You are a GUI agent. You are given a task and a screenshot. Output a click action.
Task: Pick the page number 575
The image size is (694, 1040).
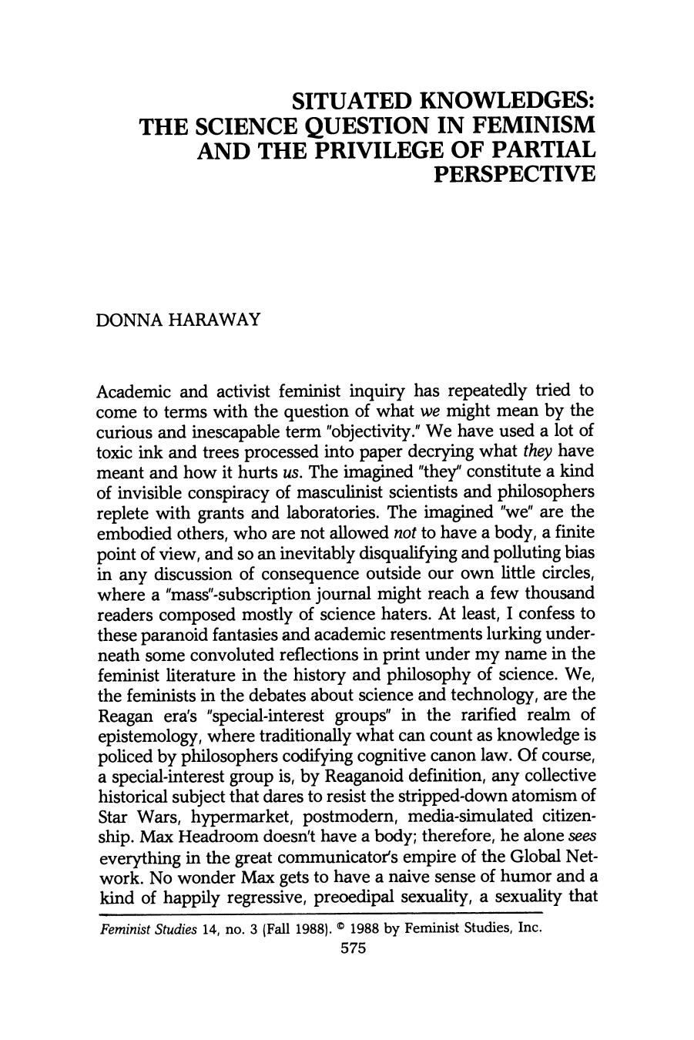click(x=350, y=949)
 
